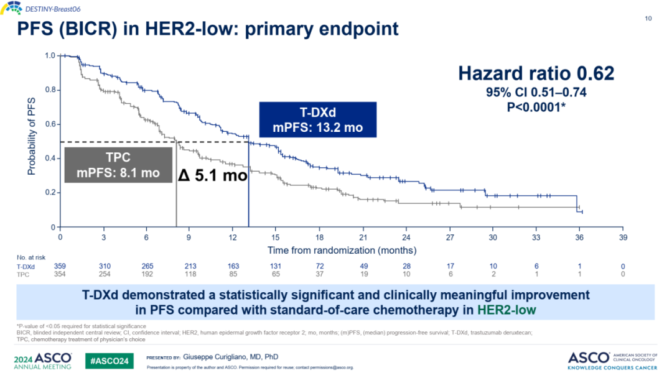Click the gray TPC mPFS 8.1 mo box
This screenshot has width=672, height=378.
[x=118, y=165]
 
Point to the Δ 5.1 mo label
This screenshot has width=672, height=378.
[x=213, y=175]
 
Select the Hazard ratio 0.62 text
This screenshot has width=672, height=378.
[x=536, y=73]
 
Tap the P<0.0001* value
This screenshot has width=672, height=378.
[x=536, y=106]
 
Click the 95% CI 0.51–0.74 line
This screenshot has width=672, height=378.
[x=536, y=92]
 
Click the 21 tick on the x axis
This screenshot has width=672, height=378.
[x=363, y=237]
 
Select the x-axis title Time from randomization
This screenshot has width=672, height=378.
[x=342, y=250]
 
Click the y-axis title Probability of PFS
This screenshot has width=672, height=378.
[x=30, y=136]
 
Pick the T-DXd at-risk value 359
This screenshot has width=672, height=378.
[x=60, y=266]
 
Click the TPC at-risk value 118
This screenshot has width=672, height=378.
[x=189, y=274]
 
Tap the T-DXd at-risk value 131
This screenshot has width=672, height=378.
[x=275, y=266]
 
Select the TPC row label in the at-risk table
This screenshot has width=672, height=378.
[x=22, y=274]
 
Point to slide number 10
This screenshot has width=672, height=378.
[x=648, y=19]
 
